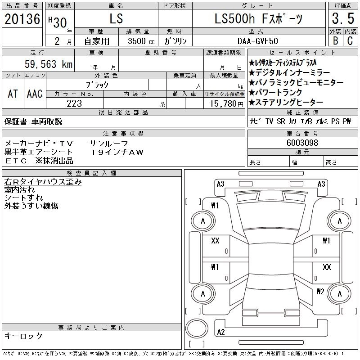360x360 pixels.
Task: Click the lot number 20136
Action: (x=22, y=19)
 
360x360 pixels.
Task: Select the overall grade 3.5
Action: (x=343, y=18)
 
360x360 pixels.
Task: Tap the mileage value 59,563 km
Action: (x=49, y=64)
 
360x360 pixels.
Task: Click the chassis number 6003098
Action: (x=302, y=143)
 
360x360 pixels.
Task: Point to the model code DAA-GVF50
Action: (x=257, y=41)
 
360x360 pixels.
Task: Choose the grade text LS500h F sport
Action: (x=258, y=19)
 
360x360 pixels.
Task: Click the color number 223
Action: (x=74, y=103)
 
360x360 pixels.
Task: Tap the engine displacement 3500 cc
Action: (x=141, y=41)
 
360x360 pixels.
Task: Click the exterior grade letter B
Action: (x=335, y=40)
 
